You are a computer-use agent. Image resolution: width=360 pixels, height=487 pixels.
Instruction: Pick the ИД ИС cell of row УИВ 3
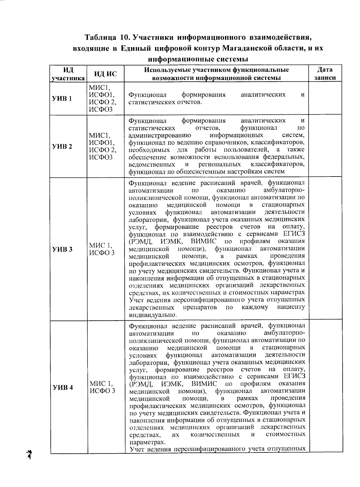102,249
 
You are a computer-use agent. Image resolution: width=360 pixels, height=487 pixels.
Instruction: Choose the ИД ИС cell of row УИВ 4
102,387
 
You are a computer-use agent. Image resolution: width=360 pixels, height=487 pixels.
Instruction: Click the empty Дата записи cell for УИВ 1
325,99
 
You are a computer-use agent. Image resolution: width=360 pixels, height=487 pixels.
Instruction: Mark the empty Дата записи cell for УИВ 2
325,147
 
